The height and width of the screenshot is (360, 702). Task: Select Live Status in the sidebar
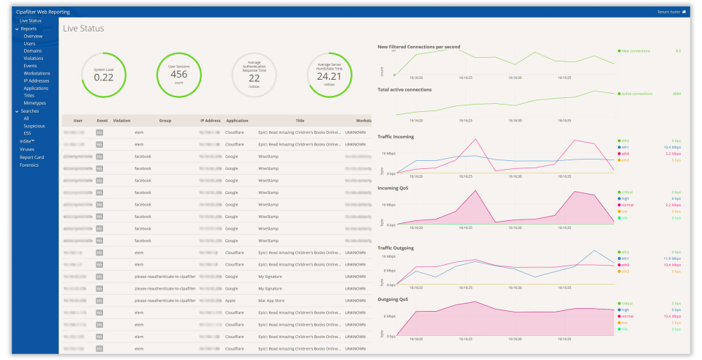tap(30, 20)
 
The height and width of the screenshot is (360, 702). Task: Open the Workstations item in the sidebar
tap(37, 73)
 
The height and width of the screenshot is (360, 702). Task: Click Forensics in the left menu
tap(29, 165)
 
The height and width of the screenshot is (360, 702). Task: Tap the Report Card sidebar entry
tap(31, 157)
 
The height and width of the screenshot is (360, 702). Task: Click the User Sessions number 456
tap(178, 75)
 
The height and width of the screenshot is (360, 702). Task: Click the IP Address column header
tap(211, 120)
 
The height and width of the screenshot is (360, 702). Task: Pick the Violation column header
tap(121, 120)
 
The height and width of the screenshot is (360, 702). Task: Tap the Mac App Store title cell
tap(272, 300)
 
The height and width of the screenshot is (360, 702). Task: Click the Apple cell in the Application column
tap(230, 300)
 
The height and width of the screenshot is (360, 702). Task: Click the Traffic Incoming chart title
tap(396, 136)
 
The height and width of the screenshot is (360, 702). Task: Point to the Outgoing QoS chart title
tap(393, 300)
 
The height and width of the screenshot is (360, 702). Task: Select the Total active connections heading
tap(404, 89)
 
